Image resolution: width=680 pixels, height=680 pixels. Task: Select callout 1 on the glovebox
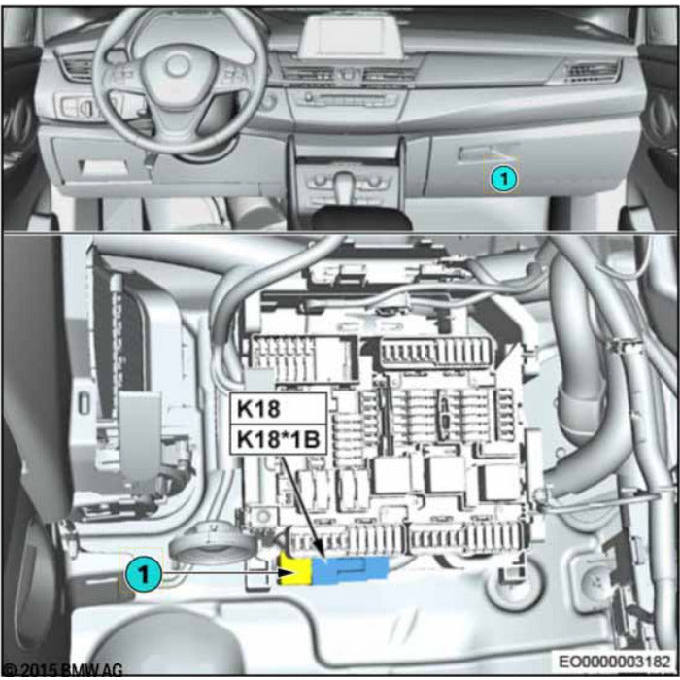502,178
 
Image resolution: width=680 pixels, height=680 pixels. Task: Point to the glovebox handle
483,153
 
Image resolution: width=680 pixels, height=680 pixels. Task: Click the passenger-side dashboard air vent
587,70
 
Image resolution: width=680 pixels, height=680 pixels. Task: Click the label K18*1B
276,439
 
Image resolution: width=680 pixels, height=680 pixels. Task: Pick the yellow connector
295,571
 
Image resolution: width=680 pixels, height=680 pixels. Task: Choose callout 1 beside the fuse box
142,574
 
